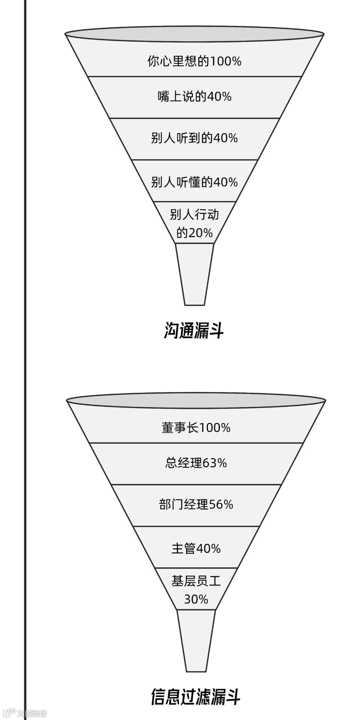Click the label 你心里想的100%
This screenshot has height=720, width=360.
(194, 61)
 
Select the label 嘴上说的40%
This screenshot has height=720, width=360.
(194, 97)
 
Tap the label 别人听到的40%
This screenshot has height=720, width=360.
(194, 138)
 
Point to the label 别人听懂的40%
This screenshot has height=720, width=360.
(194, 182)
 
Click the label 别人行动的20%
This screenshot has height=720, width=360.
(194, 224)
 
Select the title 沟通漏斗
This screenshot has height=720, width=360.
(194, 330)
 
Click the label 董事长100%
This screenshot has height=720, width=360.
(196, 428)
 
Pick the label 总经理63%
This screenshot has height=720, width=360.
(196, 463)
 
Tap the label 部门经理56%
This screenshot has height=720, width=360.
(196, 504)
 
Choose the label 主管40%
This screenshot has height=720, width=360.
(196, 549)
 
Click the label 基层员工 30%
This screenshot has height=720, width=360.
(196, 590)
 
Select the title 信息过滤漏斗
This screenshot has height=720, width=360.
(196, 696)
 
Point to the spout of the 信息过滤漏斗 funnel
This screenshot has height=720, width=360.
(196, 640)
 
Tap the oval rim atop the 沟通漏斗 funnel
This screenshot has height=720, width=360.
(194, 34)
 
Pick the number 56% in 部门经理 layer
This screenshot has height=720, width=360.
(221, 504)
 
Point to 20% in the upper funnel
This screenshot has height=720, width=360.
(200, 233)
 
